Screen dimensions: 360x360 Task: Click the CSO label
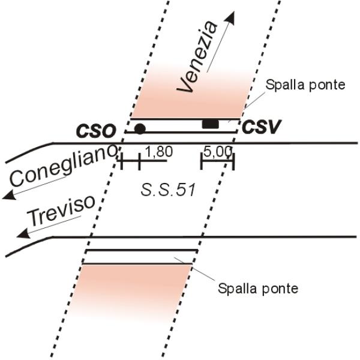[x=96, y=131]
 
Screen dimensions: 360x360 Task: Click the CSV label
[x=262, y=127]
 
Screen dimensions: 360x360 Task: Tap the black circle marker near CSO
[x=140, y=129]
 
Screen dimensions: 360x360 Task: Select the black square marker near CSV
[x=211, y=124]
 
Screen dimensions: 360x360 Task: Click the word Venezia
[x=197, y=57]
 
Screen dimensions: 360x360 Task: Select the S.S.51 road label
[x=168, y=190]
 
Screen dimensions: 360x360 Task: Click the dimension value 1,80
[x=159, y=152]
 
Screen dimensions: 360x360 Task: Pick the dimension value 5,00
[x=218, y=152]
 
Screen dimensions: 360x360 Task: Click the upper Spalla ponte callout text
[x=305, y=85]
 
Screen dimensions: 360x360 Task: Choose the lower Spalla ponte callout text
[x=258, y=288]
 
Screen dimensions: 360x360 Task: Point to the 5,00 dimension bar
[x=217, y=161]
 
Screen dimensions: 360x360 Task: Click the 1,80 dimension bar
[x=143, y=161]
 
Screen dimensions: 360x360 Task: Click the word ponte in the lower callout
[x=280, y=289]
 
